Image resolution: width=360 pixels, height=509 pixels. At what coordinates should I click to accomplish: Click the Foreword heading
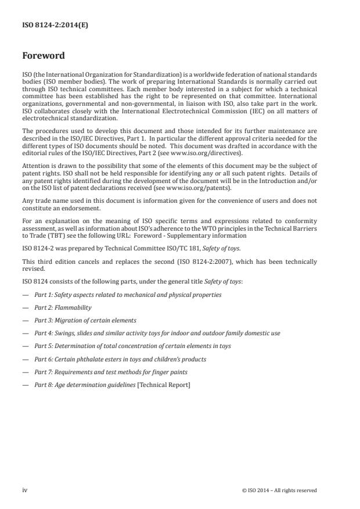[x=43, y=56]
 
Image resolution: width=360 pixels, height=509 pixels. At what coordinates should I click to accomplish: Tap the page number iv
[x=25, y=490]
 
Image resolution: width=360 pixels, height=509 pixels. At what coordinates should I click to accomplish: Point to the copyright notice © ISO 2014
[x=279, y=490]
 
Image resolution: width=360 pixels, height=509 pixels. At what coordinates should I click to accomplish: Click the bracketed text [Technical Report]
[x=163, y=385]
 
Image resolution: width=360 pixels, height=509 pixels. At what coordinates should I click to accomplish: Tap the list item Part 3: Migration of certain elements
[x=85, y=320]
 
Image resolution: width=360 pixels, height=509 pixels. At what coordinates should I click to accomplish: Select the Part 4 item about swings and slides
[x=157, y=333]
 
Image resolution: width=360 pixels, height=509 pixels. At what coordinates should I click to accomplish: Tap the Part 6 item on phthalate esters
[x=119, y=359]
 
